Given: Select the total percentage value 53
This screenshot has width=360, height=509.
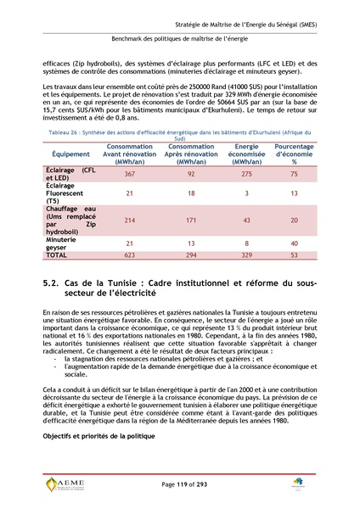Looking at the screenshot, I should [294, 255].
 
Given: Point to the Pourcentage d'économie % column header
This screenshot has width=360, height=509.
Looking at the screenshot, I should [294, 154].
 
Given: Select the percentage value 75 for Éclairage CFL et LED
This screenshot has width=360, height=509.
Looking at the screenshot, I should [294, 174].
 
